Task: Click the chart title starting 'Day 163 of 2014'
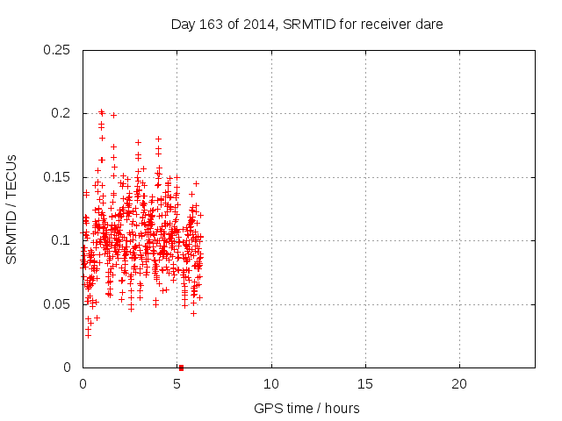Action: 306,25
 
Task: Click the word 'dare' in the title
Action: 429,25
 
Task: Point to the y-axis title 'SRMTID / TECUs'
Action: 11,209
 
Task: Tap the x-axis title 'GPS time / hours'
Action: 306,408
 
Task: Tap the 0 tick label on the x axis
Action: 83,384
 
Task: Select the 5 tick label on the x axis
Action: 177,384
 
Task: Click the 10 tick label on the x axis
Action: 271,384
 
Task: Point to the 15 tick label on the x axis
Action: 365,384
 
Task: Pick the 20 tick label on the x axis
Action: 459,384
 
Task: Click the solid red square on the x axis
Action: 181,367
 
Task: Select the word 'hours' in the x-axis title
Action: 340,408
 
